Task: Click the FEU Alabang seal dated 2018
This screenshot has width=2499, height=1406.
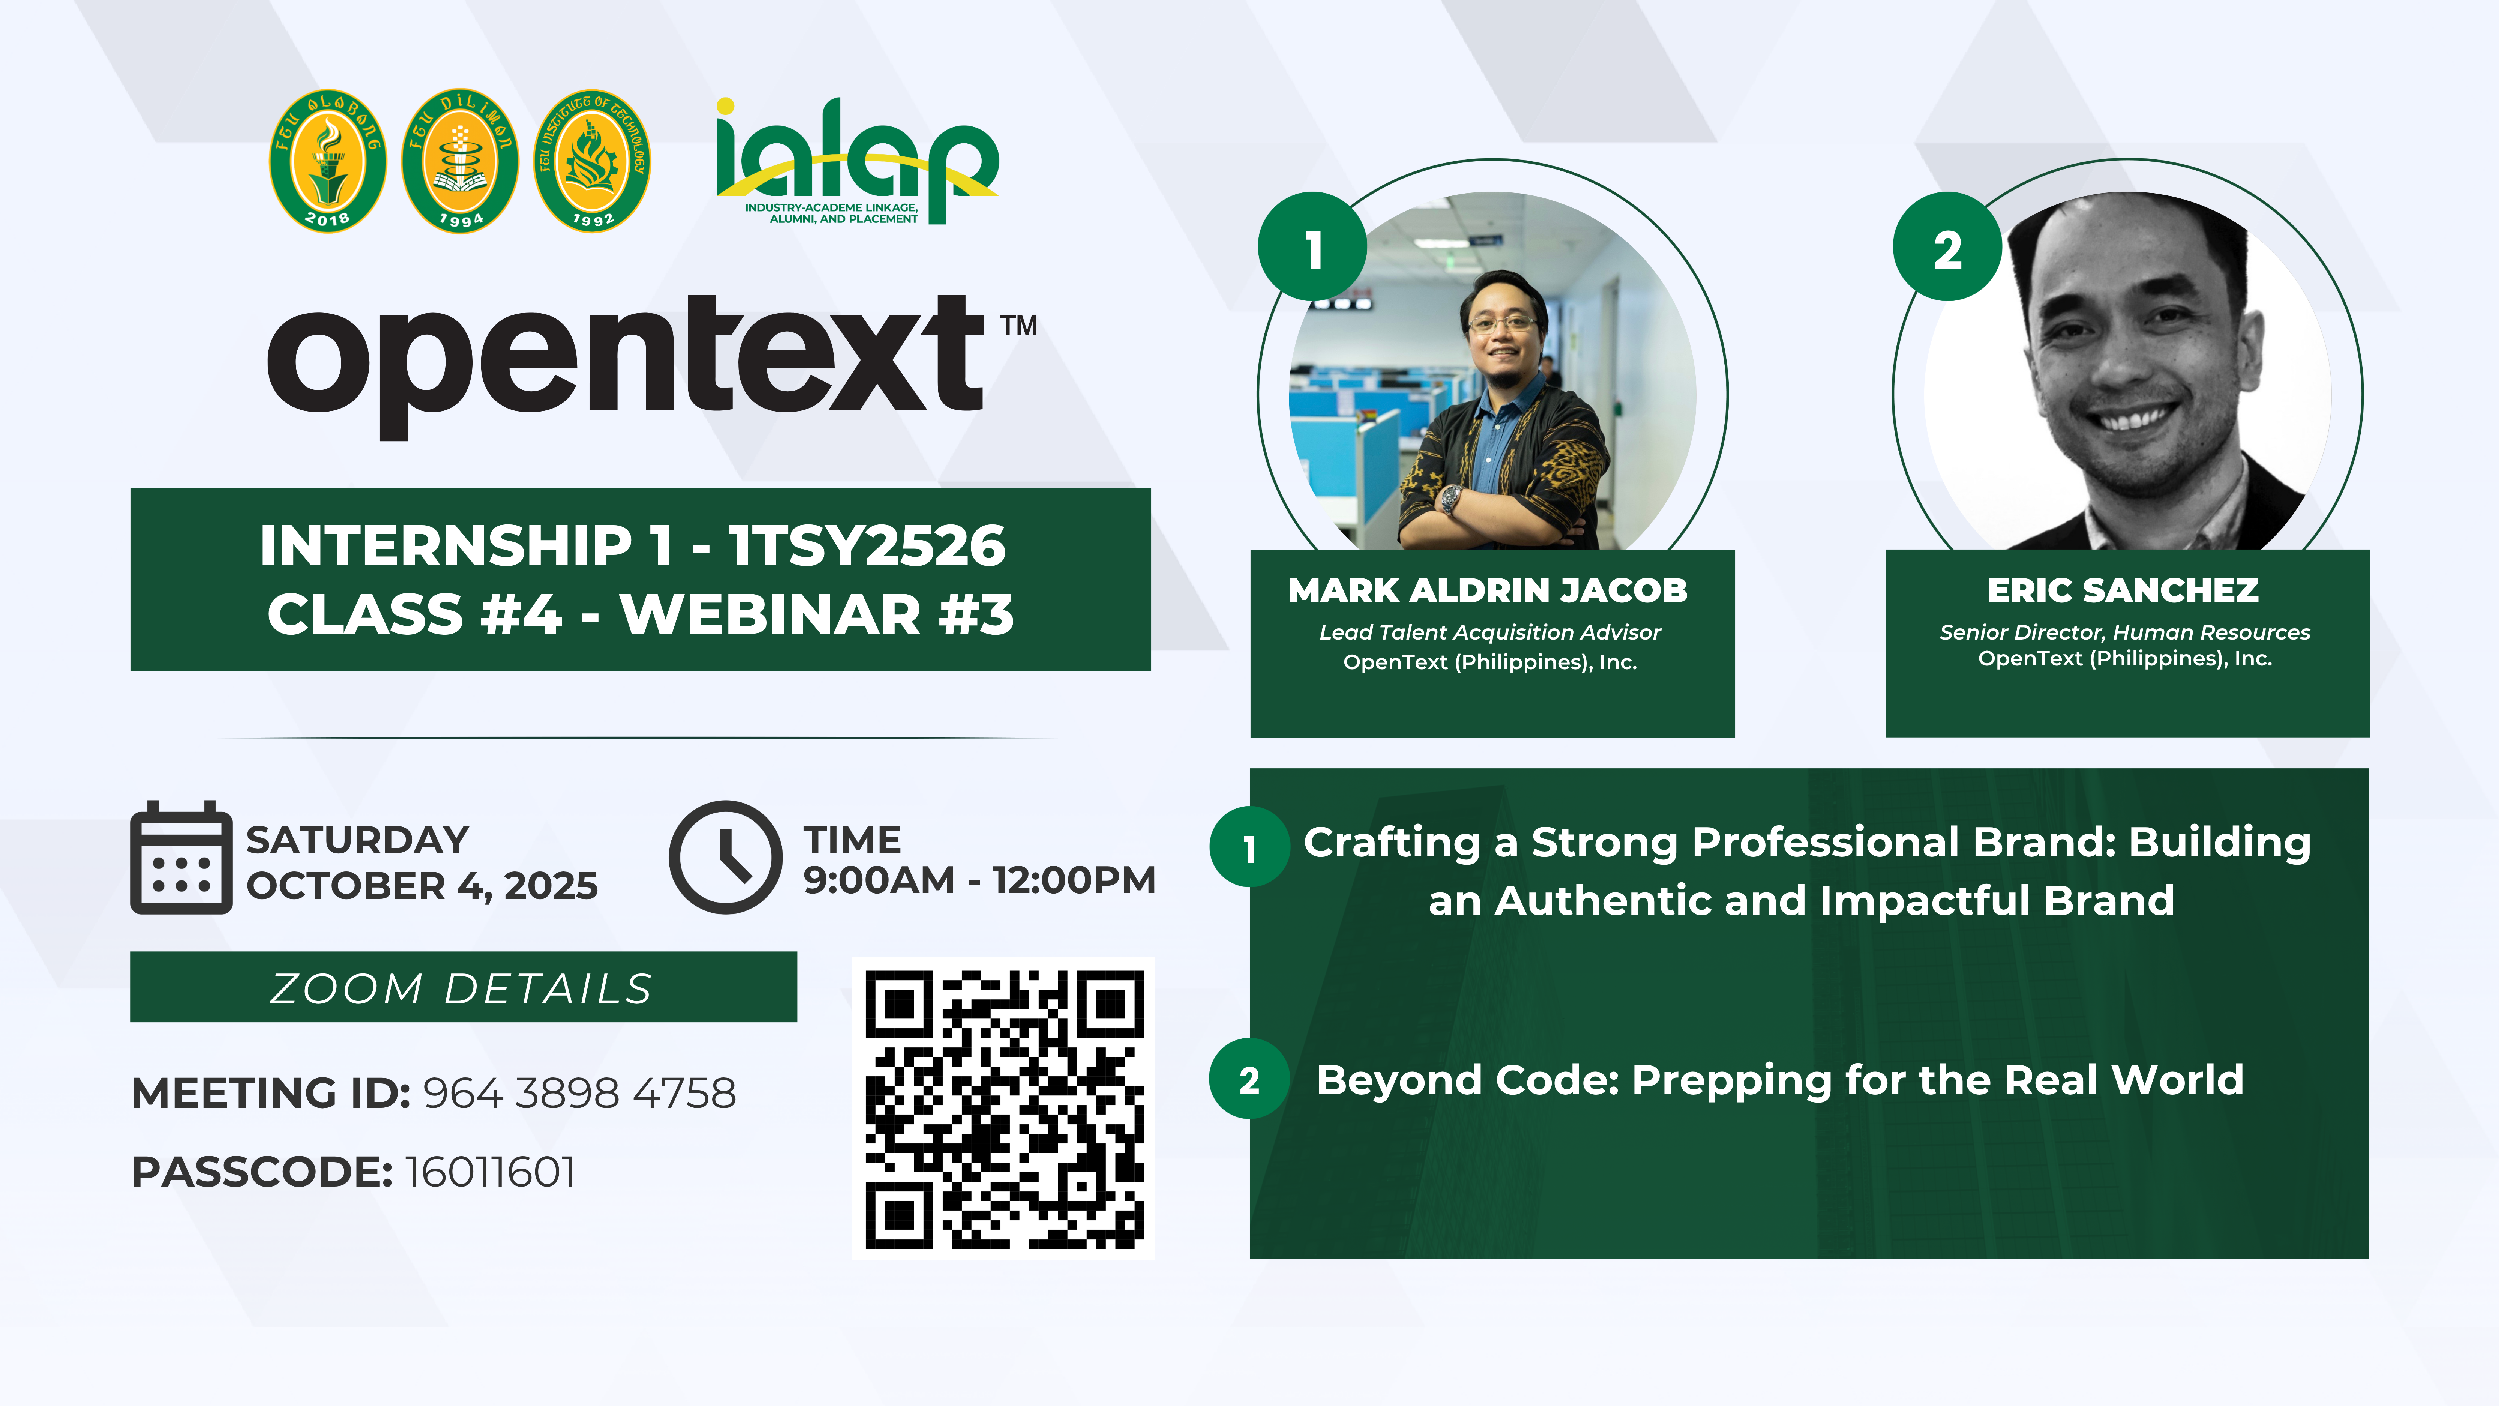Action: click(328, 161)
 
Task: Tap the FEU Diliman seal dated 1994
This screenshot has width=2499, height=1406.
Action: click(460, 161)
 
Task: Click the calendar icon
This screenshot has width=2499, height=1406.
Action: click(181, 858)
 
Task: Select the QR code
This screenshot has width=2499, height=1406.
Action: click(1004, 1108)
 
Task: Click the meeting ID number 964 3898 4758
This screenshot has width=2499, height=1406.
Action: click(579, 1094)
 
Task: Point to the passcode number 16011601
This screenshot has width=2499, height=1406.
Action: click(490, 1172)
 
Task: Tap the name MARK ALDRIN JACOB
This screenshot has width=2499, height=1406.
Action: click(1488, 590)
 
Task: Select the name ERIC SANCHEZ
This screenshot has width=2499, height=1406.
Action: click(2124, 590)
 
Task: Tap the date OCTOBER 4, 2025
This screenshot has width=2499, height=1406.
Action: click(422, 885)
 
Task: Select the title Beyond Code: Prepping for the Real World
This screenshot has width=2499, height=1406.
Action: click(1780, 1080)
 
